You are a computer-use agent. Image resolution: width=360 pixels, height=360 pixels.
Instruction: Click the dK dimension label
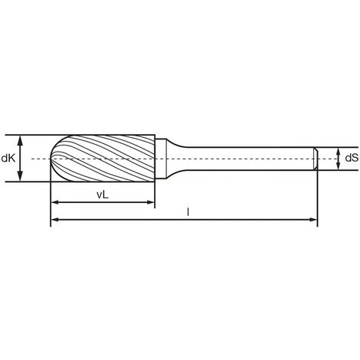pyautogui.click(x=8, y=159)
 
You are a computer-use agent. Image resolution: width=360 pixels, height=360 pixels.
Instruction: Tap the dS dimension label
pyautogui.click(x=352, y=158)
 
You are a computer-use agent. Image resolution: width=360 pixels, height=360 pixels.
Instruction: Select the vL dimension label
pyautogui.click(x=103, y=195)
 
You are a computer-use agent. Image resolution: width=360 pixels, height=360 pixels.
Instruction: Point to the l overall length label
pyautogui.click(x=188, y=211)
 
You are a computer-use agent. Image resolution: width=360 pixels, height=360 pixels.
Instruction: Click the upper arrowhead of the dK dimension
pyautogui.click(x=21, y=139)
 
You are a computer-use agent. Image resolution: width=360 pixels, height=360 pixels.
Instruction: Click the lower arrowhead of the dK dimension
pyautogui.click(x=21, y=177)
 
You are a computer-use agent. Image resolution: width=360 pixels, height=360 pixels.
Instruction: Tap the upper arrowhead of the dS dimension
pyautogui.click(x=339, y=151)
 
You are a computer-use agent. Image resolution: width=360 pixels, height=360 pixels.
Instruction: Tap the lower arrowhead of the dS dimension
pyautogui.click(x=339, y=166)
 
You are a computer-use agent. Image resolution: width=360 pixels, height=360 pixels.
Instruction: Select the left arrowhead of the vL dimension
pyautogui.click(x=56, y=202)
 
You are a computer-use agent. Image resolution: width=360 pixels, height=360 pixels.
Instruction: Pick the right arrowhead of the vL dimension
pyautogui.click(x=150, y=202)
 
